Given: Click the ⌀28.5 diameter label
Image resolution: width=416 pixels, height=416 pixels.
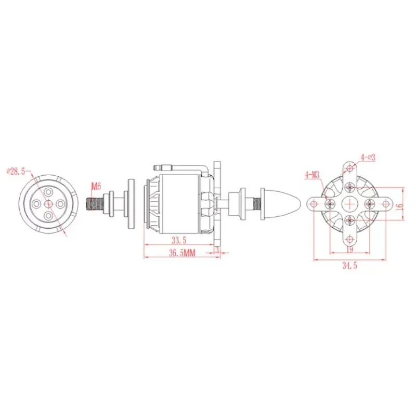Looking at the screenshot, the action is [x=16, y=171].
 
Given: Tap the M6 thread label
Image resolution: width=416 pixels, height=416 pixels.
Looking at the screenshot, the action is [x=96, y=186].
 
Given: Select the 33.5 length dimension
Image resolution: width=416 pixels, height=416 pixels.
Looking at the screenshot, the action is [x=179, y=240].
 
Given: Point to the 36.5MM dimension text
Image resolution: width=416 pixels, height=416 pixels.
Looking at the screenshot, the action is [x=182, y=253].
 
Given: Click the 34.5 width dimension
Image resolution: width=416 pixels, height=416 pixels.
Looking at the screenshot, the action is [x=349, y=265].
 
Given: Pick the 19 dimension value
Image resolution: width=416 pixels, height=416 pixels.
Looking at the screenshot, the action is [x=350, y=250].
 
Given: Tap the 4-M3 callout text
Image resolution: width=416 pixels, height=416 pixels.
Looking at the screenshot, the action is [x=313, y=175].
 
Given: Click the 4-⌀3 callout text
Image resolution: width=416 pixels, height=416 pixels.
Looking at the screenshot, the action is [x=368, y=158].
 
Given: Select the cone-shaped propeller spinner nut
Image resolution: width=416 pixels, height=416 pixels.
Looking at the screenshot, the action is [x=280, y=204].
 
